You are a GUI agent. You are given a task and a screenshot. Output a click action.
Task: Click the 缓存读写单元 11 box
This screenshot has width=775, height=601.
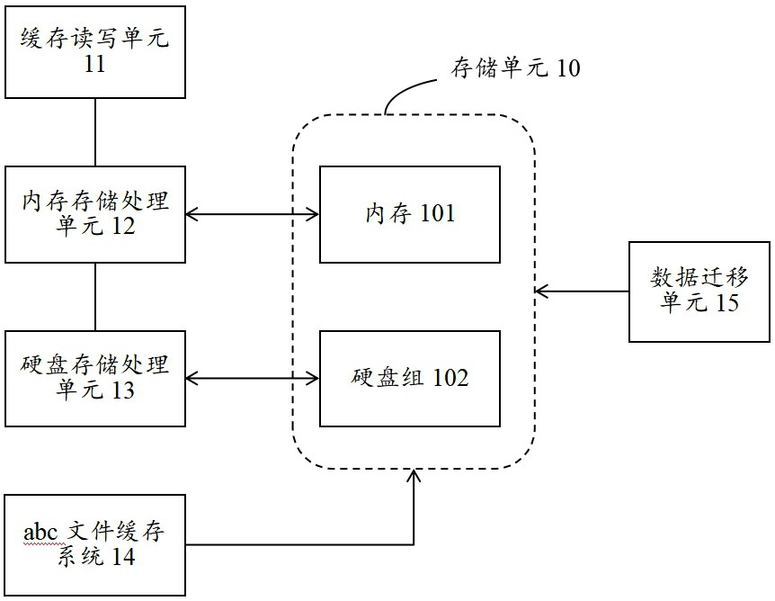[x=95, y=50]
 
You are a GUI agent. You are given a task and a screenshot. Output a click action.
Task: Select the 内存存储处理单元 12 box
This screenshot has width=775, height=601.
[x=95, y=214]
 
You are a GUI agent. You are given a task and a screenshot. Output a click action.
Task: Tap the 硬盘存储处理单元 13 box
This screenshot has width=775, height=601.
[x=95, y=378]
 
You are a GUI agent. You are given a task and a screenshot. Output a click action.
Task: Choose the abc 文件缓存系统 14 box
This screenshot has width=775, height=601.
[x=95, y=545]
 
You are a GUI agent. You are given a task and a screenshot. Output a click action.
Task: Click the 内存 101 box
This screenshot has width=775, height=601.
[x=410, y=214]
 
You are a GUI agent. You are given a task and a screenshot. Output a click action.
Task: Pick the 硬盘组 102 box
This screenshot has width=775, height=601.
[x=410, y=378]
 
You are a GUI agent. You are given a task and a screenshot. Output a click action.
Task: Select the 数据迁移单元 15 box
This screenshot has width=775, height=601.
[x=699, y=292]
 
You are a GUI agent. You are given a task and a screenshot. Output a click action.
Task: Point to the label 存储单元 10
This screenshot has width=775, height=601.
[x=514, y=68]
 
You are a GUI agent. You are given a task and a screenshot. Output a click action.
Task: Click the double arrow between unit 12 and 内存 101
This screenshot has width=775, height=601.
[x=253, y=214]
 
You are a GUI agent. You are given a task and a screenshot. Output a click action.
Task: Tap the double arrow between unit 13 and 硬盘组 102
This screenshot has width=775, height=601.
[x=253, y=378]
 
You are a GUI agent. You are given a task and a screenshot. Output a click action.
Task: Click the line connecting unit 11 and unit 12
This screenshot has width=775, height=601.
[x=95, y=131]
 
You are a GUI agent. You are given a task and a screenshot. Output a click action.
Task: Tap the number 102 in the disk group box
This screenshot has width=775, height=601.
[x=450, y=378]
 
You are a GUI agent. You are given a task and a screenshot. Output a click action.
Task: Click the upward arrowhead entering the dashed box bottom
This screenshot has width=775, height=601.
[x=414, y=476]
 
